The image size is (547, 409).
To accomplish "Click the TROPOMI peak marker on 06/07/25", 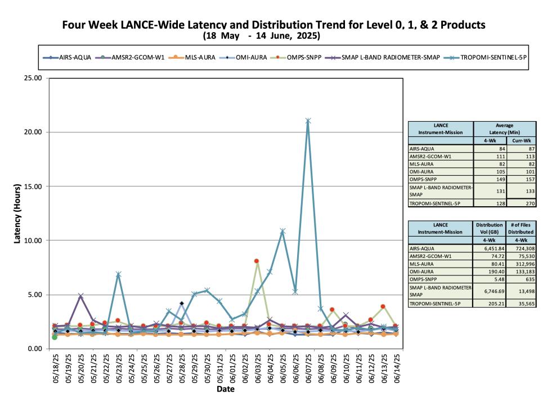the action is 308,121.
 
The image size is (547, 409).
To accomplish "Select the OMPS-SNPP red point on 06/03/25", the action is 257,261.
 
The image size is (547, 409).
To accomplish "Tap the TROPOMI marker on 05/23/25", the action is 118,274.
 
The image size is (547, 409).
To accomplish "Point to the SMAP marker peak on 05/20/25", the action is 80,296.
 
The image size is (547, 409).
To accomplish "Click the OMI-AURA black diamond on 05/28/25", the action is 181,303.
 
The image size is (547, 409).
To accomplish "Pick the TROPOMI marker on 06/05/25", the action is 283,231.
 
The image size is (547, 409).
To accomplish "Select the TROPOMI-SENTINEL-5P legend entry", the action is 485,57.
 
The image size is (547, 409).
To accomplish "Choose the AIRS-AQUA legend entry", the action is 67,57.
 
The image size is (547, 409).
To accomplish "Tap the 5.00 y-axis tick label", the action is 35,295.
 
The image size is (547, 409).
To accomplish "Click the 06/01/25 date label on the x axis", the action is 232,369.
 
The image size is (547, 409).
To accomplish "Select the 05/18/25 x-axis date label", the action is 56,369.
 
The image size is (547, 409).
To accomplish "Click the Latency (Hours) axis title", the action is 17,214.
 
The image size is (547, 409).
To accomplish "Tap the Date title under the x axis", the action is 225,389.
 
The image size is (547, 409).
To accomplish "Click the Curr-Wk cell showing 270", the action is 522,203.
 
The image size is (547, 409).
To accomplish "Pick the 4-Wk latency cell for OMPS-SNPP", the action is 490,179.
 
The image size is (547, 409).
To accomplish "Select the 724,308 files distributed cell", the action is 521,248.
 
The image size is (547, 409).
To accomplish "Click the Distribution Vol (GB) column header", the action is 489,228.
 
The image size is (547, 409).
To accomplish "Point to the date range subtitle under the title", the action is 261,35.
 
